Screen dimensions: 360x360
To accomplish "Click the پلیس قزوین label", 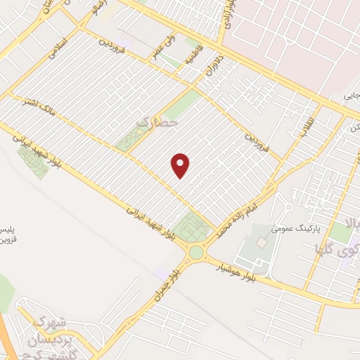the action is (8, 236).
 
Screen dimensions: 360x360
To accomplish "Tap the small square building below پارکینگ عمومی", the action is (262, 243).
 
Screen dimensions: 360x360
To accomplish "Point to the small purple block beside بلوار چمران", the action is (162, 272).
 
